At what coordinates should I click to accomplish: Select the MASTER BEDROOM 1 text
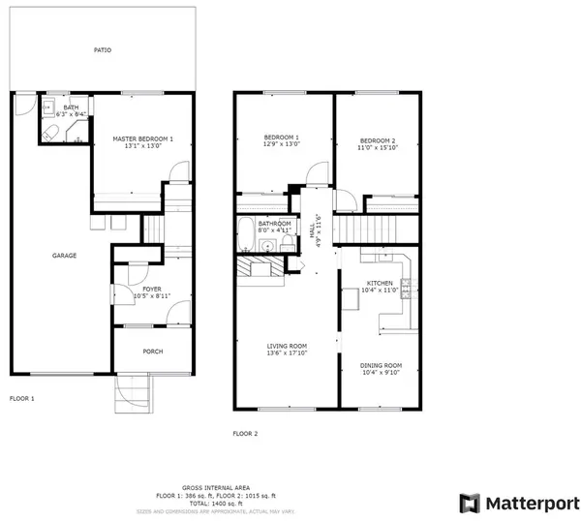click(143, 138)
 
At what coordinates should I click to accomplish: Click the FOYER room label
click(152, 288)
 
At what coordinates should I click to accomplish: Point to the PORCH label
click(152, 352)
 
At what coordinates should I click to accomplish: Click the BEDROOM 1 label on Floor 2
click(282, 138)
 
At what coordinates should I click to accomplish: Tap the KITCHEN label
click(380, 283)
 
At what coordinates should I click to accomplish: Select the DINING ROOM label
click(381, 365)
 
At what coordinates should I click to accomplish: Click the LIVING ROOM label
click(288, 346)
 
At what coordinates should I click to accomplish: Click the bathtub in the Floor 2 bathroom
click(246, 233)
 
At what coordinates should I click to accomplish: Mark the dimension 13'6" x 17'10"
click(288, 353)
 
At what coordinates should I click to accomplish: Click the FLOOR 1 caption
click(22, 399)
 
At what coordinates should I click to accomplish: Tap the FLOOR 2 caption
click(246, 433)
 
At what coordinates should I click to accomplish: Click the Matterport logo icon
click(469, 503)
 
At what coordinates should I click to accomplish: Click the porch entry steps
click(135, 392)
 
